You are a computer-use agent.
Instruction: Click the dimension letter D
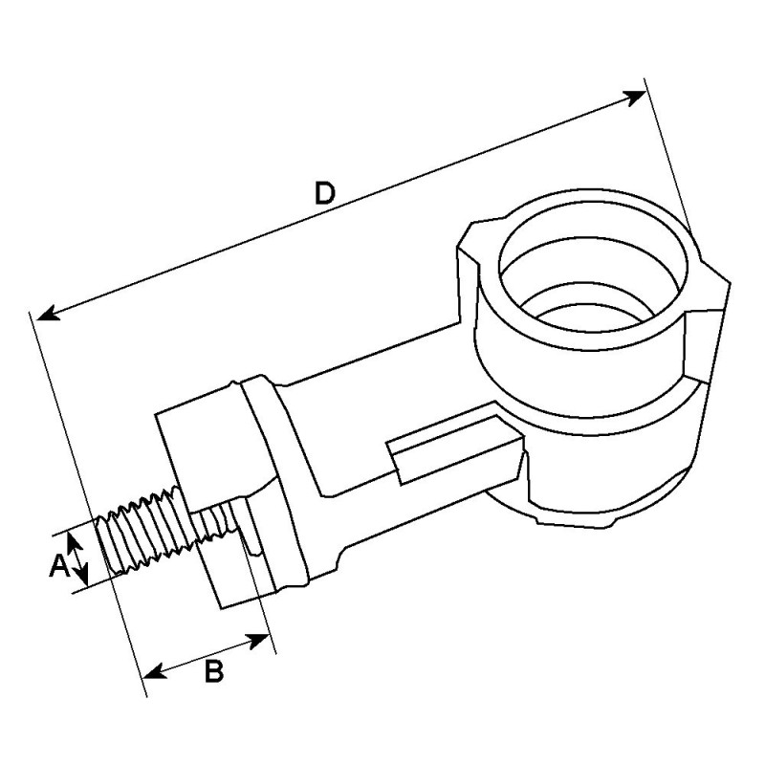tap(325, 194)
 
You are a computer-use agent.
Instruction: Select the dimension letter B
tap(214, 671)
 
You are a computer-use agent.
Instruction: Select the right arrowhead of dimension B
tap(258, 639)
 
